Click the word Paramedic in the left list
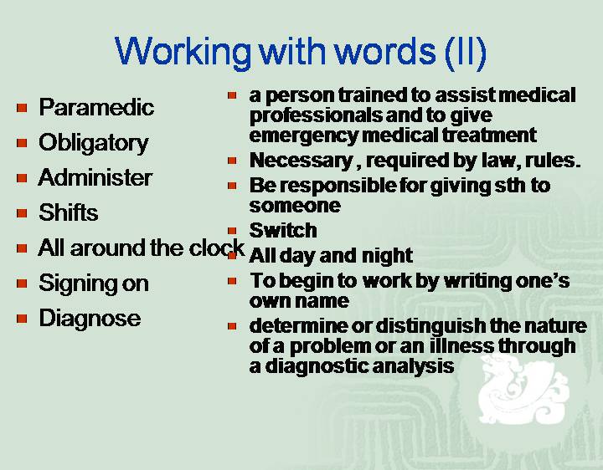(x=96, y=107)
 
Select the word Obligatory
(x=94, y=144)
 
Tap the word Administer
(x=95, y=177)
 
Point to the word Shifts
(x=69, y=212)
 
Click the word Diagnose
(x=90, y=319)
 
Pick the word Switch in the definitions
(x=283, y=230)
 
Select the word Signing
(x=77, y=284)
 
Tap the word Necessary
(x=301, y=161)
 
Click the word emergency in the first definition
(x=303, y=135)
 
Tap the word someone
(x=295, y=205)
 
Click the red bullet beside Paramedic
(x=22, y=108)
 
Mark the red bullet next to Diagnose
(x=22, y=319)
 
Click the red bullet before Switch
(x=232, y=231)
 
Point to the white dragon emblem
(x=519, y=388)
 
